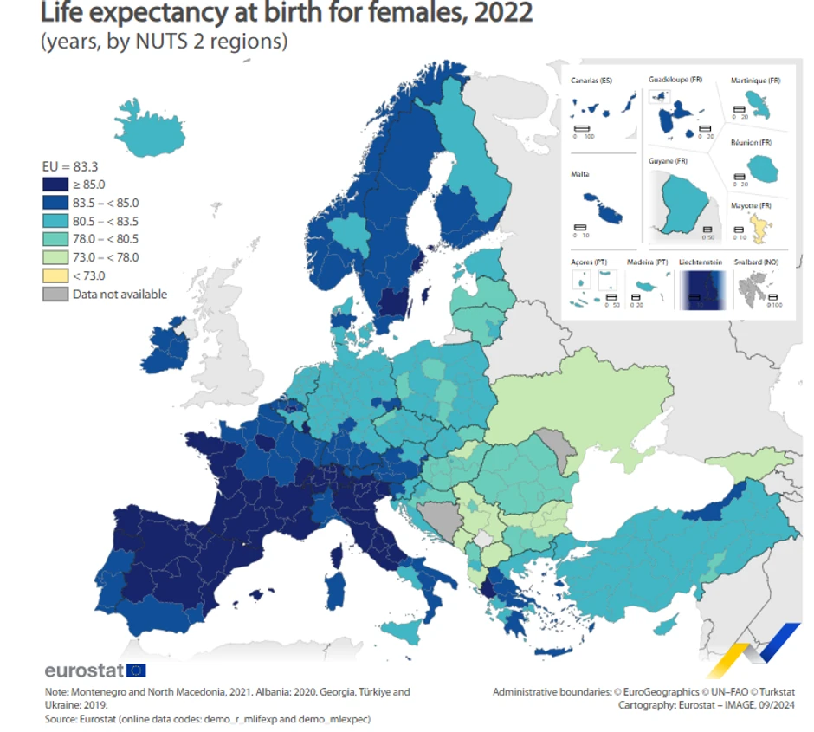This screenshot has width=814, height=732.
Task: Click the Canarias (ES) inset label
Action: coord(591,81)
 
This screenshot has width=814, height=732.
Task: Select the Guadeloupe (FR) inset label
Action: coord(675,80)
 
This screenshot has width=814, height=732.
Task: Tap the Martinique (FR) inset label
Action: coord(755,81)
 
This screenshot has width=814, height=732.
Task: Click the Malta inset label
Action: coord(580,174)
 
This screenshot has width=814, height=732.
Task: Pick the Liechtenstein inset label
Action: coord(701,262)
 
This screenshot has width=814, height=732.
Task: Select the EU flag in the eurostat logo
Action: coord(136,670)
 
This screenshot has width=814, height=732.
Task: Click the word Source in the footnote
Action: coord(62,719)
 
